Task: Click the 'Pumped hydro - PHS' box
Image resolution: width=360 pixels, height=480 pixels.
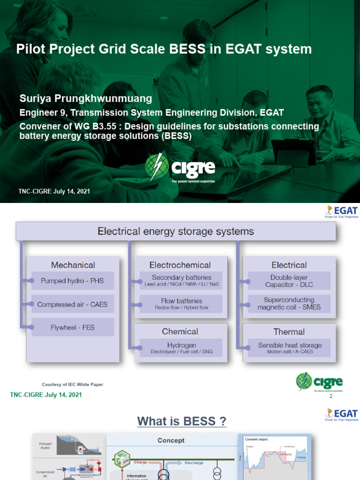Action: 73,281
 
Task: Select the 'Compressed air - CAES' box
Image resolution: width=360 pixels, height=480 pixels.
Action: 73,304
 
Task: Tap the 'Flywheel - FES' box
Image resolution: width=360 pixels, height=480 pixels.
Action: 73,327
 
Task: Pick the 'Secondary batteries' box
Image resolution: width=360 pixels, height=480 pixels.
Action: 181,280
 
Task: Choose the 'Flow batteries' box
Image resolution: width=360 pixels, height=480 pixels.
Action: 181,304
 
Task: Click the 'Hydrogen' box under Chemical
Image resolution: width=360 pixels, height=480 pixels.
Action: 181,348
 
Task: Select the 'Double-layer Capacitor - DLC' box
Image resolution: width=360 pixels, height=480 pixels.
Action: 289,281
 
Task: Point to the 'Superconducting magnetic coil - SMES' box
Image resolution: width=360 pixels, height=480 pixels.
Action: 289,304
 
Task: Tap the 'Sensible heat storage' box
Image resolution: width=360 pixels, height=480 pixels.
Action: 289,348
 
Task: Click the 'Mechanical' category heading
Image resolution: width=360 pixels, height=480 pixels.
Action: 73,265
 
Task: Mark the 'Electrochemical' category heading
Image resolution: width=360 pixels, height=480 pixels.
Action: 180,265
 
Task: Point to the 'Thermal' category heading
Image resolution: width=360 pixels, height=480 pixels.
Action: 289,332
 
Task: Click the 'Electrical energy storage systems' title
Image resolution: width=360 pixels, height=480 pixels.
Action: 176,231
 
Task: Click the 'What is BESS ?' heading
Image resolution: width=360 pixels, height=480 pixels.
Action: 181,421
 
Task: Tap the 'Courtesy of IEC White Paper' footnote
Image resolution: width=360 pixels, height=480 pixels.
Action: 73,384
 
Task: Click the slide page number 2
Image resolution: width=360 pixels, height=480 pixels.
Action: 331,397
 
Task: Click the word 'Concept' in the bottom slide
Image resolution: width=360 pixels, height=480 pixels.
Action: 171,441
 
